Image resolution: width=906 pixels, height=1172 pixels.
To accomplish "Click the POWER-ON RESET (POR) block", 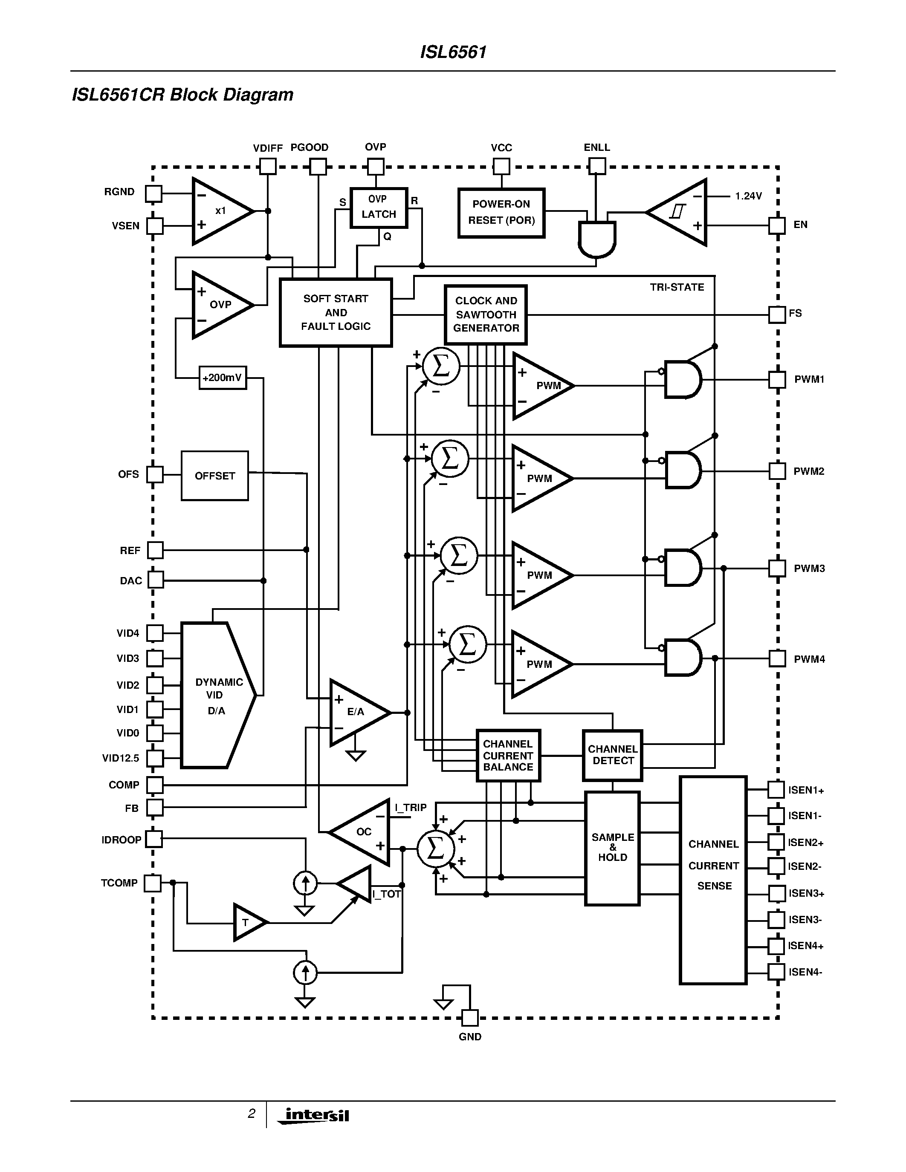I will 501,213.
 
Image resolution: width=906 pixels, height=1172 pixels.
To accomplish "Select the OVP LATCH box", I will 379,208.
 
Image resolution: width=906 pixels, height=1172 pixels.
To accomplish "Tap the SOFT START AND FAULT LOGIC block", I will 336,312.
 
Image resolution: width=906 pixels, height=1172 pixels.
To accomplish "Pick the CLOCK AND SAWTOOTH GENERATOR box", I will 486,315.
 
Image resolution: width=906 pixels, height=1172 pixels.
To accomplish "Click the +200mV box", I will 222,378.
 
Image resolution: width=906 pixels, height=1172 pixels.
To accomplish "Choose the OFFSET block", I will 215,476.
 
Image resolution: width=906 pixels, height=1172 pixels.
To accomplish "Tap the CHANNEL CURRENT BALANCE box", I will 508,756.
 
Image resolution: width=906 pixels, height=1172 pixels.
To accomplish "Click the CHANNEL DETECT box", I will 612,755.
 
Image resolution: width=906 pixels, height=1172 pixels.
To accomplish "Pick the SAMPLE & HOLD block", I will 612,848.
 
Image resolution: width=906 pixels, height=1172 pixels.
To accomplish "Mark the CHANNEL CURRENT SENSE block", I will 713,880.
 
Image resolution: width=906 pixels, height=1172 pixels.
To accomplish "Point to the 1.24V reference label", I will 748,196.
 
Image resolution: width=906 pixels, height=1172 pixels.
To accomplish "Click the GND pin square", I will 470,1017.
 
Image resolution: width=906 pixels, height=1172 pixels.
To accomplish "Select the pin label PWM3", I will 809,568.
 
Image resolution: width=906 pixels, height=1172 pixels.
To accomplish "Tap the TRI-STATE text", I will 677,288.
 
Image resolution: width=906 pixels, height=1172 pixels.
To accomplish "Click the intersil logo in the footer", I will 317,1115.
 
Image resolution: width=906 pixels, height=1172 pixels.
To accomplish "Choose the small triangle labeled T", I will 247,923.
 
